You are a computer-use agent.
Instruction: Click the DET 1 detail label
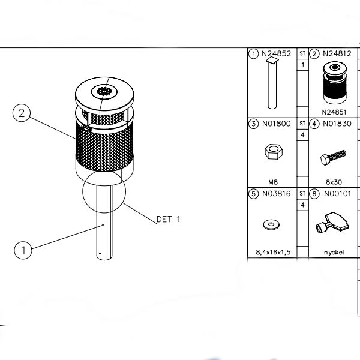pos(168,219)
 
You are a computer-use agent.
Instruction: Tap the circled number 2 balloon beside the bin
pos(22,113)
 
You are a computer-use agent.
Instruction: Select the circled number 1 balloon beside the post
pos(23,250)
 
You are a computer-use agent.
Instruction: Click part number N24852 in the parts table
pos(276,54)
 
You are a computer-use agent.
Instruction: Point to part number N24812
pos(337,54)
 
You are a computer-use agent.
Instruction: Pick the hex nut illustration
pos(274,152)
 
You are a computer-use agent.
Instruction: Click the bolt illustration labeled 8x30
pos(334,157)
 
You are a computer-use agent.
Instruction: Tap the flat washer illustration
pos(271,225)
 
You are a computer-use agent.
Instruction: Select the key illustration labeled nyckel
pos(332,223)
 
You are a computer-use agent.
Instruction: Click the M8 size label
pos(273,182)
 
